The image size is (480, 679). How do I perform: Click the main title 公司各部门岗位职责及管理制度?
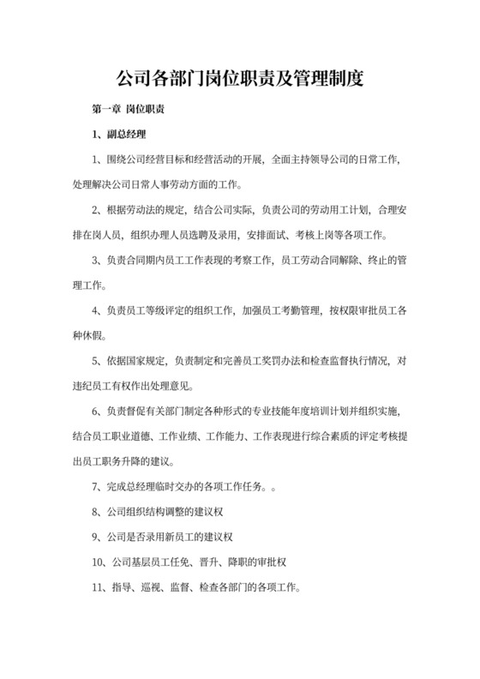239,80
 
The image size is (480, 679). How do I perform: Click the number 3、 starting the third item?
98,259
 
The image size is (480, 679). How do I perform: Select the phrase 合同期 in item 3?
140,259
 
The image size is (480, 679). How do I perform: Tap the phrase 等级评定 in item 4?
170,308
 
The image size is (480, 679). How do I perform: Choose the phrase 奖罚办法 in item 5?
276,358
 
